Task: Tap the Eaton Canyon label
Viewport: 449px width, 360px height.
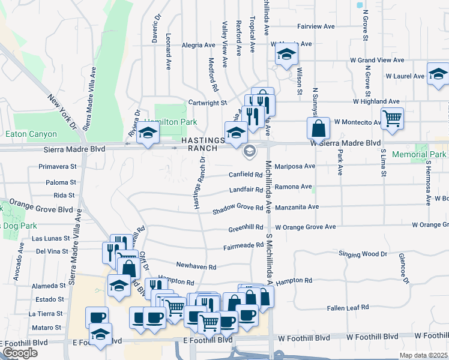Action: pyautogui.click(x=31, y=134)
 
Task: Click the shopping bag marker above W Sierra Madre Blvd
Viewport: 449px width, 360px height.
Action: pyautogui.click(x=318, y=128)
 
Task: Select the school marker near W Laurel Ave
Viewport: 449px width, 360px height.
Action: pyautogui.click(x=438, y=75)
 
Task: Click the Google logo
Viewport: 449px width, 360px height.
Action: pyautogui.click(x=20, y=353)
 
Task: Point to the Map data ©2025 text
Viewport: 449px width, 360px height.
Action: pyautogui.click(x=423, y=355)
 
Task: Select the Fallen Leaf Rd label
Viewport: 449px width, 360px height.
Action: pyautogui.click(x=348, y=308)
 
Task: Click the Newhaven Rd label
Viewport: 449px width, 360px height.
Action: pyautogui.click(x=196, y=265)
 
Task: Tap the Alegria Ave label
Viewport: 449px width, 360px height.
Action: pyautogui.click(x=198, y=45)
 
